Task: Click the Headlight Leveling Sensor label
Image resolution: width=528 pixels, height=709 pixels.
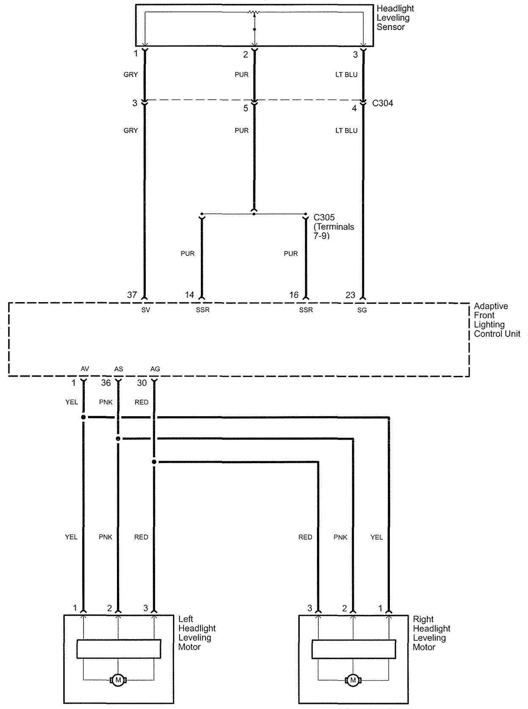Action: tap(395, 18)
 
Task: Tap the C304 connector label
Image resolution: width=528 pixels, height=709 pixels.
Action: tap(382, 103)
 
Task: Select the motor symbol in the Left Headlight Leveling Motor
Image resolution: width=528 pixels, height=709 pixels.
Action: tap(118, 680)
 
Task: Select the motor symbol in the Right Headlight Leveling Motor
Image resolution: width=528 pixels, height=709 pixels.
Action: tap(353, 680)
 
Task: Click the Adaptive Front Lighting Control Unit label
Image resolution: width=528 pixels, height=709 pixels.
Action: tap(497, 320)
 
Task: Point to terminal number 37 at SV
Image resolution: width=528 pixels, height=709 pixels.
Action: tap(132, 295)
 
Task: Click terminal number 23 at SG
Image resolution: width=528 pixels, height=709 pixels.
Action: tap(350, 295)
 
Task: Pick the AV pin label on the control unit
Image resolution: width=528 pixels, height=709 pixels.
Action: tap(85, 369)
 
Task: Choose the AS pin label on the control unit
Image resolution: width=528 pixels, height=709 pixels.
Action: tap(119, 369)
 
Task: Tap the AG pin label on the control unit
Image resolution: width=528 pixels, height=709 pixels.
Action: tap(155, 369)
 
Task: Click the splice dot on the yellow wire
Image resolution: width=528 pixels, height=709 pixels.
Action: tap(83, 417)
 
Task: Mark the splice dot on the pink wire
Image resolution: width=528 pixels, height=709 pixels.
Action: tap(118, 439)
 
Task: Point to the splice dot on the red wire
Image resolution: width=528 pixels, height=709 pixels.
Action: tap(154, 462)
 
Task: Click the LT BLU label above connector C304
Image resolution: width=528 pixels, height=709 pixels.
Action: tap(346, 75)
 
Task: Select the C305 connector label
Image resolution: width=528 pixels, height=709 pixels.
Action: tap(324, 217)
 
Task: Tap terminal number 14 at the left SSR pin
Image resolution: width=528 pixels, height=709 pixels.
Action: tap(189, 295)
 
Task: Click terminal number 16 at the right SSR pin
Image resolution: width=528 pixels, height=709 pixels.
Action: tap(294, 295)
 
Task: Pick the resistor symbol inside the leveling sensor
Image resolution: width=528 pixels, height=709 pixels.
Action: tap(254, 13)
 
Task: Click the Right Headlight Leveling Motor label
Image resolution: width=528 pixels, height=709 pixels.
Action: tap(431, 633)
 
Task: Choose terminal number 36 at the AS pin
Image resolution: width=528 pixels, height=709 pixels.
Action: tap(106, 383)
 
